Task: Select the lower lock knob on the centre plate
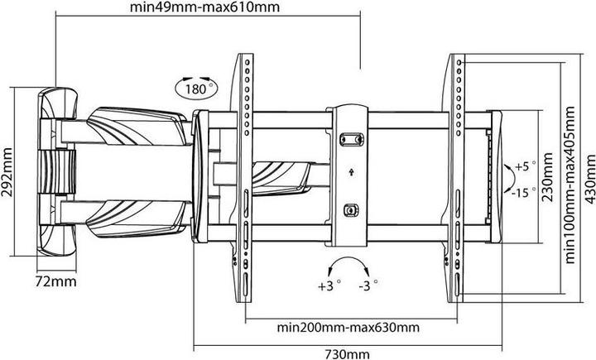(351, 210)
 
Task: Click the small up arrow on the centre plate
(351, 172)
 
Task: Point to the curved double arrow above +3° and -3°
(349, 267)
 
